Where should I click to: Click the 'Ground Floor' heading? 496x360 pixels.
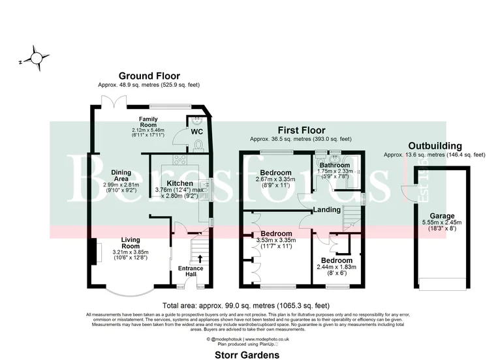pos(149,76)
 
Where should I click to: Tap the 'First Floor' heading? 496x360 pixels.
pos(302,130)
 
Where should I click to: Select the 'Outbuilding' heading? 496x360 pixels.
pos(435,146)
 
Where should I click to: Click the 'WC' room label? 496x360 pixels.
pos(197,131)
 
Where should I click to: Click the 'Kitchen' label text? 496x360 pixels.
pos(179,183)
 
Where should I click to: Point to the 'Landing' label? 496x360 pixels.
pos(327,210)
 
